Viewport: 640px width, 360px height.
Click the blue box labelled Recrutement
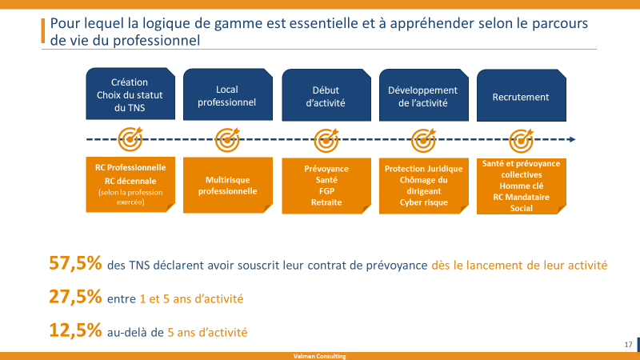[522, 95]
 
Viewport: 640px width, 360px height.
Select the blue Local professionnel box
[228, 94]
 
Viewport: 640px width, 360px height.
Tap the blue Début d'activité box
[326, 94]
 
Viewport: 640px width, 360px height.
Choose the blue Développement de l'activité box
[424, 94]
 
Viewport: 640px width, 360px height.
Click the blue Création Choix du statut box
[130, 94]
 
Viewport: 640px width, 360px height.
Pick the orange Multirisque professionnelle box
[228, 185]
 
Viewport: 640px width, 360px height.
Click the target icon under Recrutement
[522, 140]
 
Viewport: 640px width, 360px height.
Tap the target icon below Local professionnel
[227, 139]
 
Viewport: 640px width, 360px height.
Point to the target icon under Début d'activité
[326, 140]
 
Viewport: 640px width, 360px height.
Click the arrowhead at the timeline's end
[573, 139]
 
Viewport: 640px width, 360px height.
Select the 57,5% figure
[75, 263]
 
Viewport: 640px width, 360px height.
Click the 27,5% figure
[75, 297]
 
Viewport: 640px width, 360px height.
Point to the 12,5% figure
[75, 330]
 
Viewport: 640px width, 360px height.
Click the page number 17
[628, 345]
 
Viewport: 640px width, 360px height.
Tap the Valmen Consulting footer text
[319, 356]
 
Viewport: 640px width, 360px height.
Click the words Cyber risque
[424, 202]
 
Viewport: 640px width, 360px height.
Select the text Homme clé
[522, 186]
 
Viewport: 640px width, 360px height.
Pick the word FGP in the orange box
[326, 191]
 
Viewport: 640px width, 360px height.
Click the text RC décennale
[130, 181]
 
